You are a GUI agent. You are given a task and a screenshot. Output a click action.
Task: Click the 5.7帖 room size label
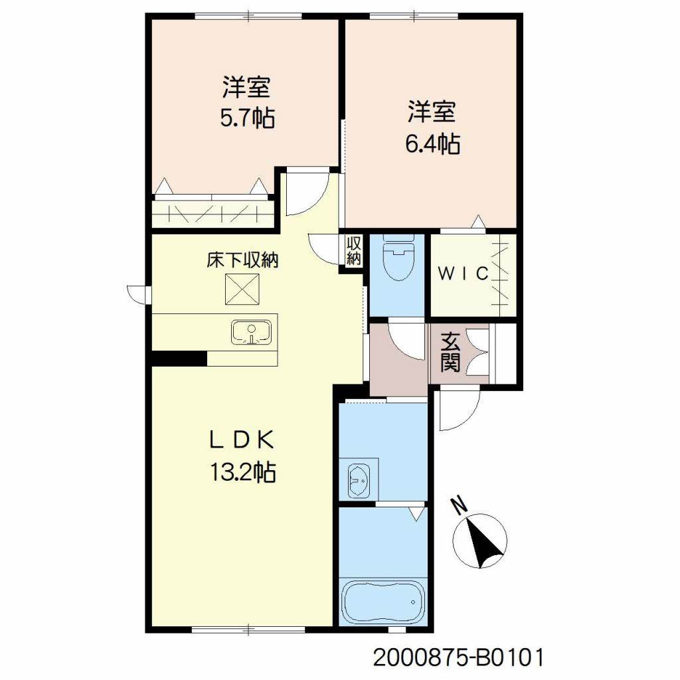246,119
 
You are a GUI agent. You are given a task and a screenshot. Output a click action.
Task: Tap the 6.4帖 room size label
433,144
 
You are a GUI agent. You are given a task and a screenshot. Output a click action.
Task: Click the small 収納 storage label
353,252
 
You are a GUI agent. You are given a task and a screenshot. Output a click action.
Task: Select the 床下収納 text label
242,260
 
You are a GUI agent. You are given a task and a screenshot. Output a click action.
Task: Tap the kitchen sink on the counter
250,332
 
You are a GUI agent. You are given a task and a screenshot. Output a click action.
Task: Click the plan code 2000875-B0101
459,657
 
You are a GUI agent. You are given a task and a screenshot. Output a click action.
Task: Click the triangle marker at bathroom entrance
417,513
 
